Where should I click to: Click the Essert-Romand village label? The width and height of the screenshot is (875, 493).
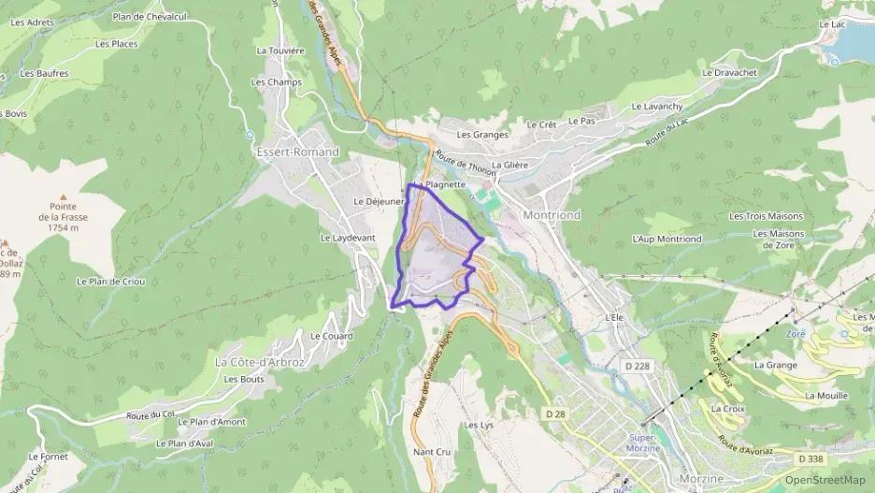tap(297, 152)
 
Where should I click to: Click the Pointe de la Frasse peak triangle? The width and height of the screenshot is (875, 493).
tap(64, 196)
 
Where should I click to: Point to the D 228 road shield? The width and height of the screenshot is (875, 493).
tap(638, 365)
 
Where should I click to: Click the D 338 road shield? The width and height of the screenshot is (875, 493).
tap(811, 458)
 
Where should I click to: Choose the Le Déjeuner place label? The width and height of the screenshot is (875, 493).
tap(379, 201)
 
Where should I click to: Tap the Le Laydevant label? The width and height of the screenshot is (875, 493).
tap(348, 238)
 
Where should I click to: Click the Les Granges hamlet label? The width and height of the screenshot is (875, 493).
tap(482, 135)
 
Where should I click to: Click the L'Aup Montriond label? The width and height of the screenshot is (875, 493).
tap(667, 239)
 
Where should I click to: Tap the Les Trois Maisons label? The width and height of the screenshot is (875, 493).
tap(766, 216)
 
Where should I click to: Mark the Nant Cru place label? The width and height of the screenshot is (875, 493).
tap(432, 452)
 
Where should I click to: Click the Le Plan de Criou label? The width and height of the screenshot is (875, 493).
tap(111, 282)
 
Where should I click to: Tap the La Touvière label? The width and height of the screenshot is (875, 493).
tap(280, 51)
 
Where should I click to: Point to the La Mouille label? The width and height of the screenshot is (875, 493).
tap(826, 396)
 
